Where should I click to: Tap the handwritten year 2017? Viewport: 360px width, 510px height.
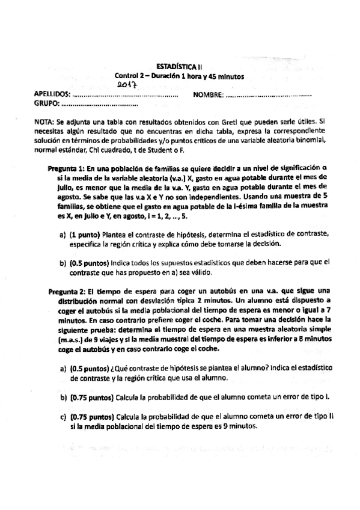tap(127, 86)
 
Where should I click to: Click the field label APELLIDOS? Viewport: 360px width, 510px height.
tap(52, 95)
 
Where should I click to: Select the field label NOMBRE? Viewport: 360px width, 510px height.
tap(207, 95)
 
